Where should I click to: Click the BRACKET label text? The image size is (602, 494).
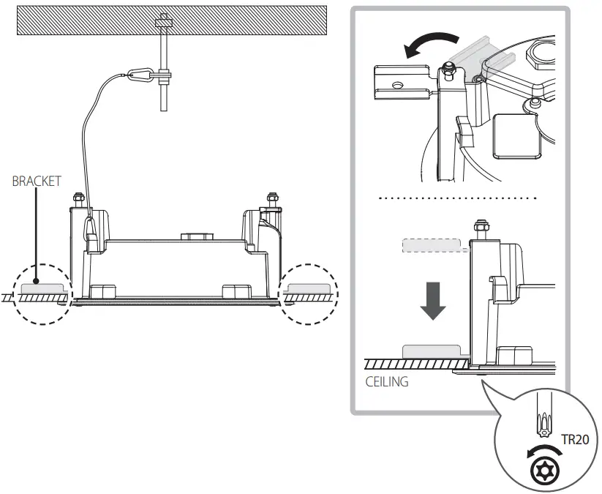pyautogui.click(x=37, y=181)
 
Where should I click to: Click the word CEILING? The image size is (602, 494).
pyautogui.click(x=388, y=381)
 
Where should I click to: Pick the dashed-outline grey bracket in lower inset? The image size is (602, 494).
pyautogui.click(x=432, y=245)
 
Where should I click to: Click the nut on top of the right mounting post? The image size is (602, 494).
pyautogui.click(x=271, y=198)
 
